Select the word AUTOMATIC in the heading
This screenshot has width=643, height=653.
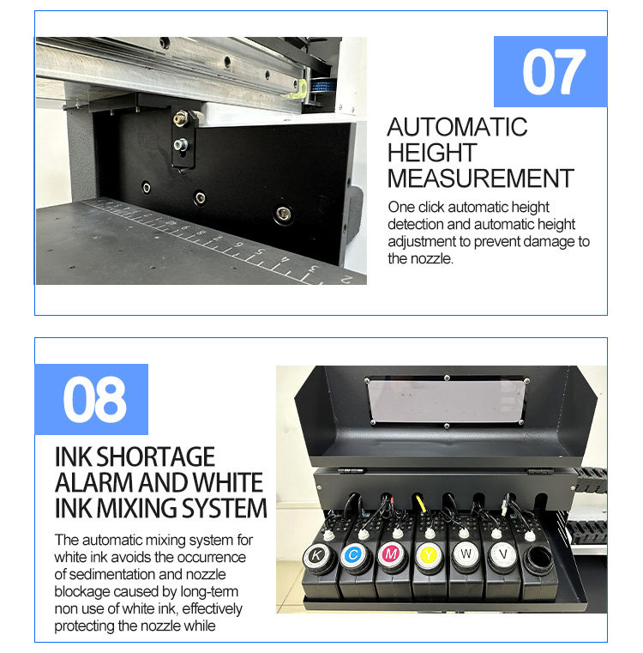coord(457,127)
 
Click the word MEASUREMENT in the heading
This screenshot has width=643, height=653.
coord(480,178)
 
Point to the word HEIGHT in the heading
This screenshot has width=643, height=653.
coord(432,153)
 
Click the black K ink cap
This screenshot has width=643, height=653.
coord(315,555)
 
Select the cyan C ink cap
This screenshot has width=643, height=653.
coord(352,555)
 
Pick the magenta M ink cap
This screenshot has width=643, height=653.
coord(390,555)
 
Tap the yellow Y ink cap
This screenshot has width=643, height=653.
coord(428,555)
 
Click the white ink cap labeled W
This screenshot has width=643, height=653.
coord(465,555)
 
